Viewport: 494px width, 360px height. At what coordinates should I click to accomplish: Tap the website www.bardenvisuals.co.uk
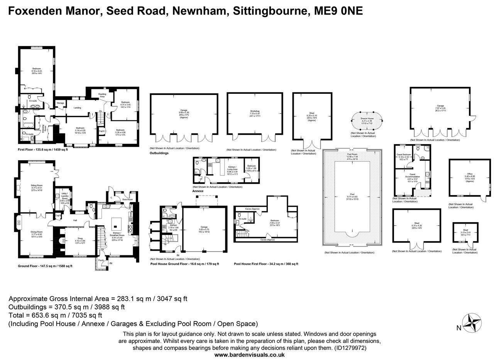tap(249, 355)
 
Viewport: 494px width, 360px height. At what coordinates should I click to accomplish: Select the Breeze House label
tap(367, 119)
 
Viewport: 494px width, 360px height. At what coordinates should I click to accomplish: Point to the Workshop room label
tap(255, 111)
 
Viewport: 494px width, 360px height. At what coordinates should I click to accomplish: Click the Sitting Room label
tap(37, 185)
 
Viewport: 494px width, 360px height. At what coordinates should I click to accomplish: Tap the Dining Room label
tap(37, 232)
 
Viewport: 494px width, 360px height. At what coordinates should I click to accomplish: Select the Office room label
tap(469, 174)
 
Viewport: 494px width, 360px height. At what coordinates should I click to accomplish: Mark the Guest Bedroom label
tap(404, 155)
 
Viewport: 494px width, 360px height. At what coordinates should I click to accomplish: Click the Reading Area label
tap(102, 95)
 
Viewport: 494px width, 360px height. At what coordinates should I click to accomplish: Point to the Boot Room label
tap(127, 199)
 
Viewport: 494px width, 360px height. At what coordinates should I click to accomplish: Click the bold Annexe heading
tap(198, 191)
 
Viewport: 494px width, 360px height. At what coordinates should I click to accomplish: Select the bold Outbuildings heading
tap(159, 153)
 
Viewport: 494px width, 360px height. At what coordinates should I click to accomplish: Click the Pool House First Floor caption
tap(266, 264)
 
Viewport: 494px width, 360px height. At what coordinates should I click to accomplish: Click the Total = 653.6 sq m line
tap(55, 315)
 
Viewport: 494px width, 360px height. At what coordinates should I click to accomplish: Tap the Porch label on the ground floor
tap(101, 260)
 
